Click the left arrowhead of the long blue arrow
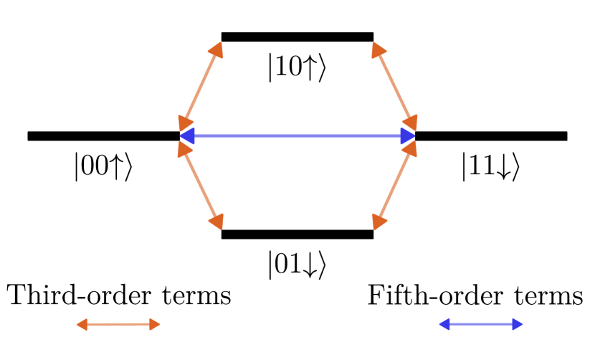[186, 136]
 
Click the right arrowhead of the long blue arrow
[409, 136]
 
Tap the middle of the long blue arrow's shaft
[297, 136]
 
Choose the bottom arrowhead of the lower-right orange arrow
[377, 223]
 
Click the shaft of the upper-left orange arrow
[201, 86]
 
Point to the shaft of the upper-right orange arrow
[394, 86]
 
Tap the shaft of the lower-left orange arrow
[201, 185]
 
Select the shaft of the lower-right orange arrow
[394, 185]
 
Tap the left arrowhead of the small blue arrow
[443, 324]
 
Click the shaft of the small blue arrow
[480, 324]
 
